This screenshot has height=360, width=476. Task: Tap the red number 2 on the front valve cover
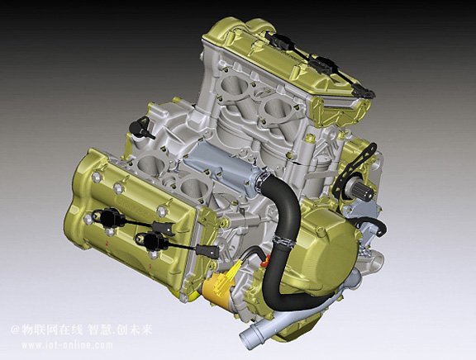(107, 243)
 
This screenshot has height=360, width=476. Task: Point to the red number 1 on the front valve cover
(150, 267)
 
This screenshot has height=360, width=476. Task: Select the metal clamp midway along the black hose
(284, 240)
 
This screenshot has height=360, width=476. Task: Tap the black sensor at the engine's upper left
(140, 129)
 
